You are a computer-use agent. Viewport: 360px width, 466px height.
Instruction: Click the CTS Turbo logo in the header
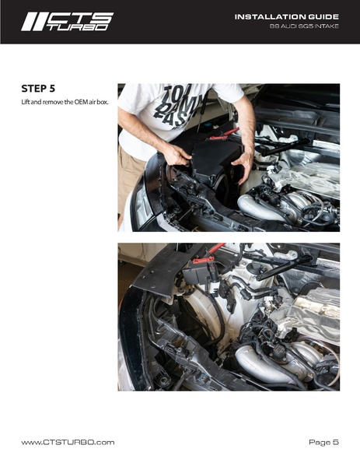[67, 22]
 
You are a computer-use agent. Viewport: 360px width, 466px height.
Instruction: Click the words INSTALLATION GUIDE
[287, 17]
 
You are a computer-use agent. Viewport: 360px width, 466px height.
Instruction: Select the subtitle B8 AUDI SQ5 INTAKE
[304, 26]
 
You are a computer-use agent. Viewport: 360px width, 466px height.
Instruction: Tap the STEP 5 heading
[38, 89]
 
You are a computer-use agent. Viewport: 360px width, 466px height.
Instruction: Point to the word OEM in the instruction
[81, 102]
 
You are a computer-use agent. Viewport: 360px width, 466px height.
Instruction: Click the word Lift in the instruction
[25, 102]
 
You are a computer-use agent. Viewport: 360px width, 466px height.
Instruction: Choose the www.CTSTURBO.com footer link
[68, 442]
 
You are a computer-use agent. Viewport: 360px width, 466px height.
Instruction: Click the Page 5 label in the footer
[323, 442]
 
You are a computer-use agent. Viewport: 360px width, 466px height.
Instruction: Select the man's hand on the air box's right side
[245, 166]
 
